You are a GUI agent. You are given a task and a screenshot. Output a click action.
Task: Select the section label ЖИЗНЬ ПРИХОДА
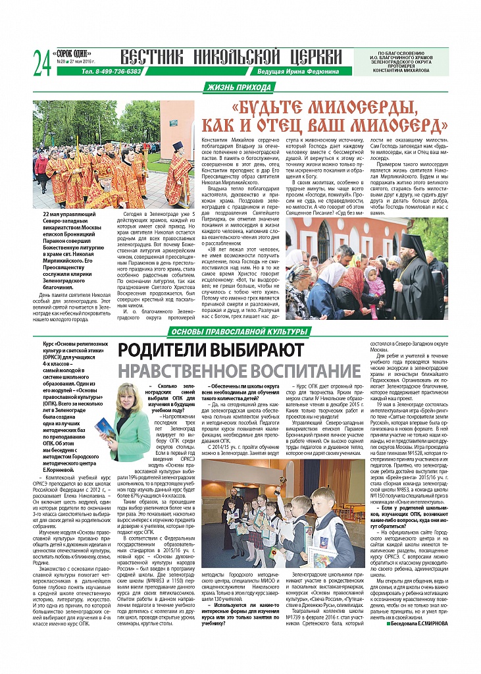point(238,88)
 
